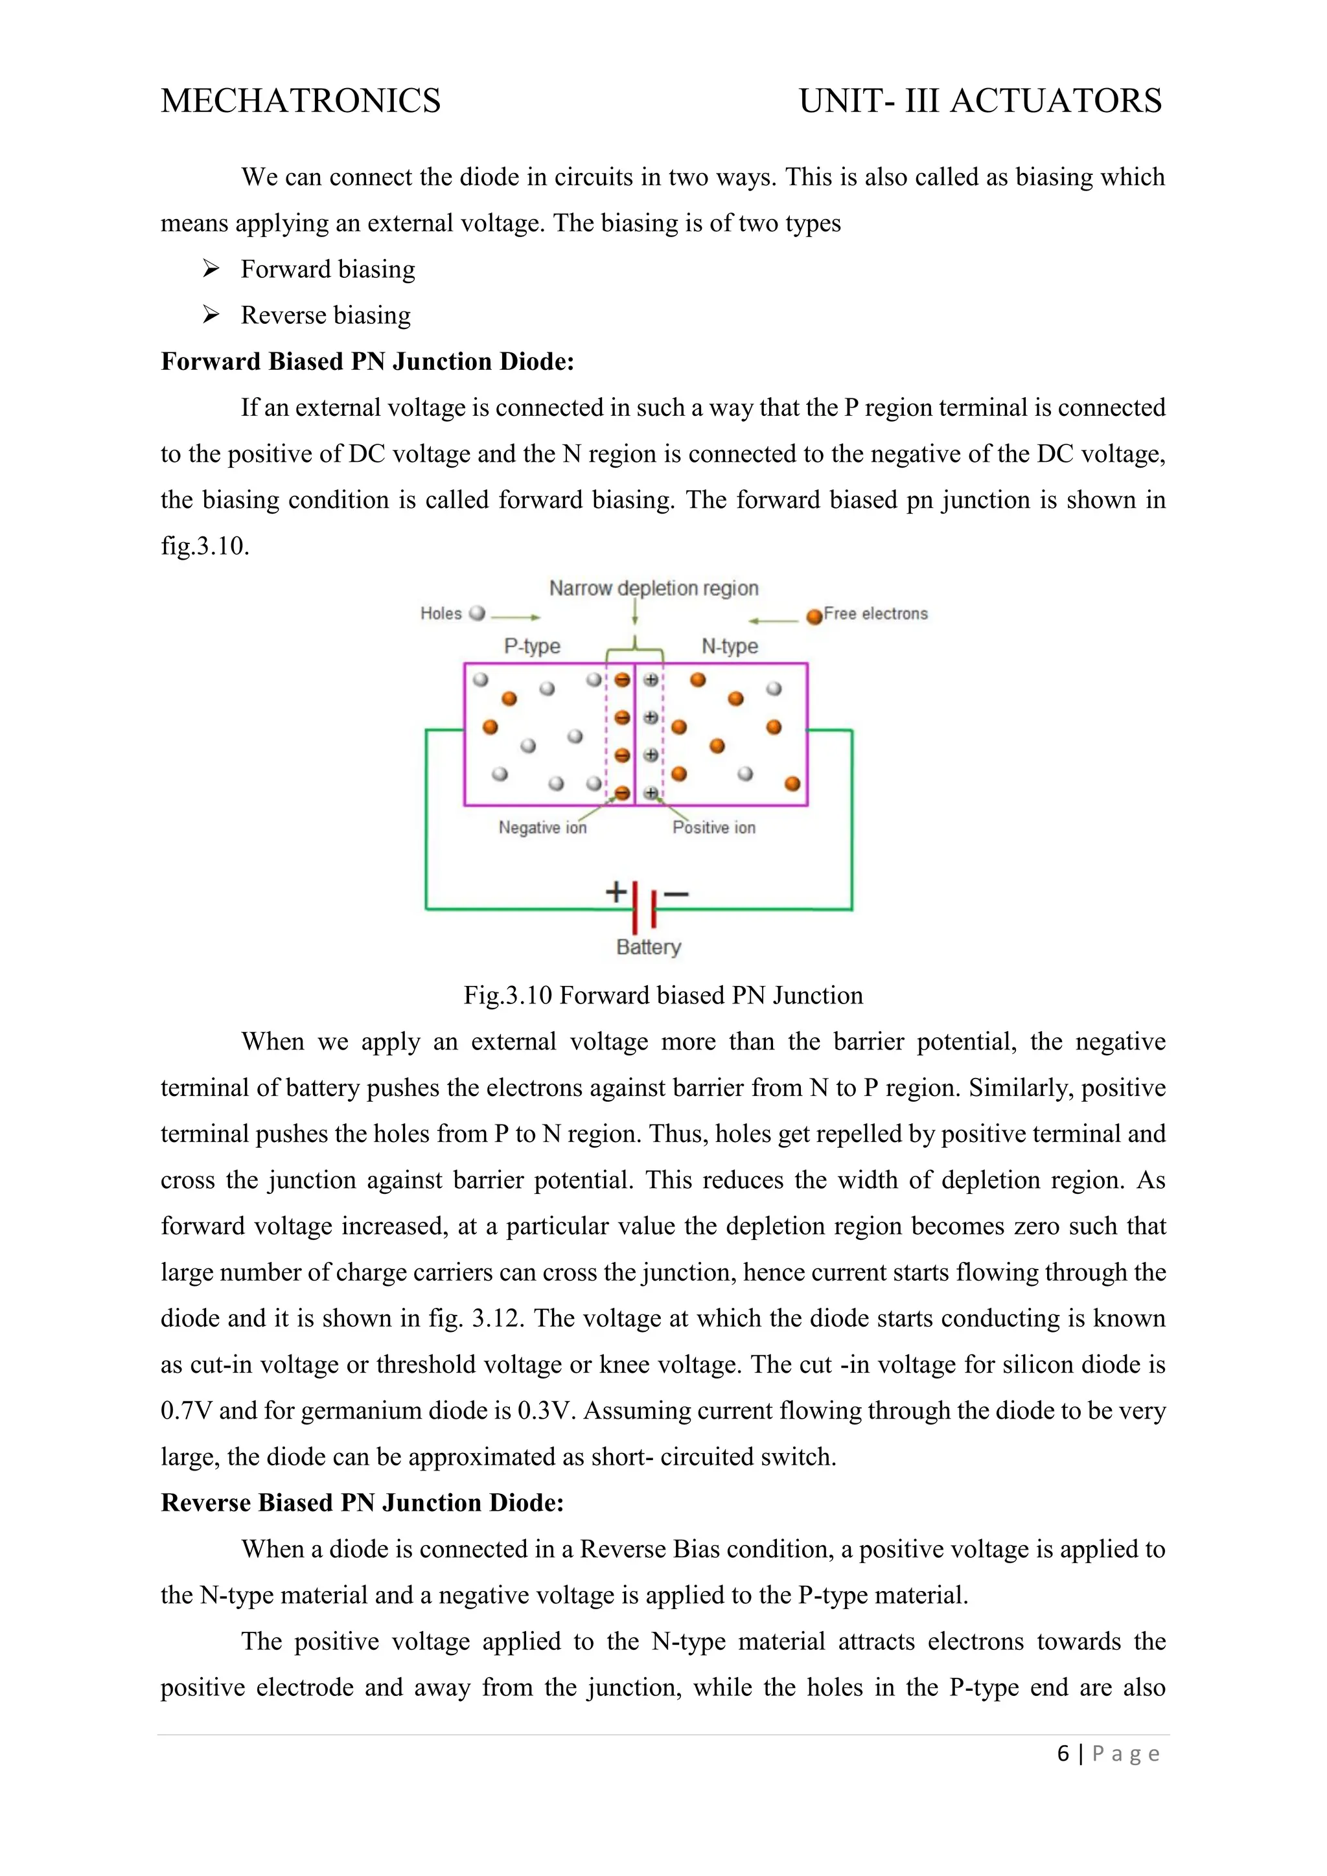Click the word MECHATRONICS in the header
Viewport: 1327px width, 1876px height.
[301, 100]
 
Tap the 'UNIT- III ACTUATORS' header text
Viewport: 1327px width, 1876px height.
[980, 100]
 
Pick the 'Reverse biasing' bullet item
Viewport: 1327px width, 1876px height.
[325, 315]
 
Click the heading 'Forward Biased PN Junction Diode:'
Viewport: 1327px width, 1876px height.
[367, 361]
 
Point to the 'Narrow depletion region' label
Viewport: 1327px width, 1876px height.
[654, 588]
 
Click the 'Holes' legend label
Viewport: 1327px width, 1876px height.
[441, 613]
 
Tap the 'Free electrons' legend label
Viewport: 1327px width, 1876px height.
[875, 613]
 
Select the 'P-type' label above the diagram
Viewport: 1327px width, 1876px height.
[532, 646]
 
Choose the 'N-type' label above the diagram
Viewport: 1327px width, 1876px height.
[730, 646]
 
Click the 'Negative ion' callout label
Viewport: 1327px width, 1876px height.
[542, 828]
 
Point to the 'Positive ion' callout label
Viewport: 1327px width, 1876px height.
[713, 828]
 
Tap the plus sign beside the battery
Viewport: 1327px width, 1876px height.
[616, 891]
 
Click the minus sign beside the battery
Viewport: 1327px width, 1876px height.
[676, 894]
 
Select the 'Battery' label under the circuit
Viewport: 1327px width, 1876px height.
[648, 947]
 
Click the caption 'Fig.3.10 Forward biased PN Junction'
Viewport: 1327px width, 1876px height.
[663, 995]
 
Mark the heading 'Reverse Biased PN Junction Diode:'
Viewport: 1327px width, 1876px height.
[362, 1503]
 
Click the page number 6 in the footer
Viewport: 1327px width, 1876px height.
[1062, 1754]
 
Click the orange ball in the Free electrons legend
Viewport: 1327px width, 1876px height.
[814, 617]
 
